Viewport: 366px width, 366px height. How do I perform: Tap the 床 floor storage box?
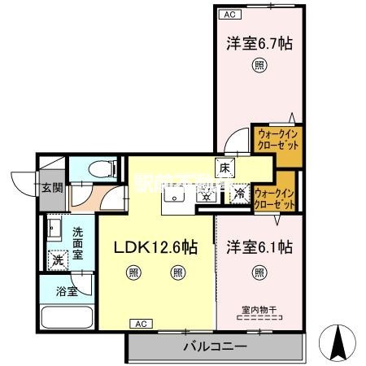point(224,167)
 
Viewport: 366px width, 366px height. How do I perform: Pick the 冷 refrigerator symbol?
point(240,194)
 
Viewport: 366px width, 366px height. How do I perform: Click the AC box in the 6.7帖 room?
point(228,14)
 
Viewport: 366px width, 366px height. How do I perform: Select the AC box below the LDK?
point(140,323)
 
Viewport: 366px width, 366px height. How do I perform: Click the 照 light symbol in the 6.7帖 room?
point(259,68)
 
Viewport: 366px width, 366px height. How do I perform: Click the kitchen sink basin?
point(175,194)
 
